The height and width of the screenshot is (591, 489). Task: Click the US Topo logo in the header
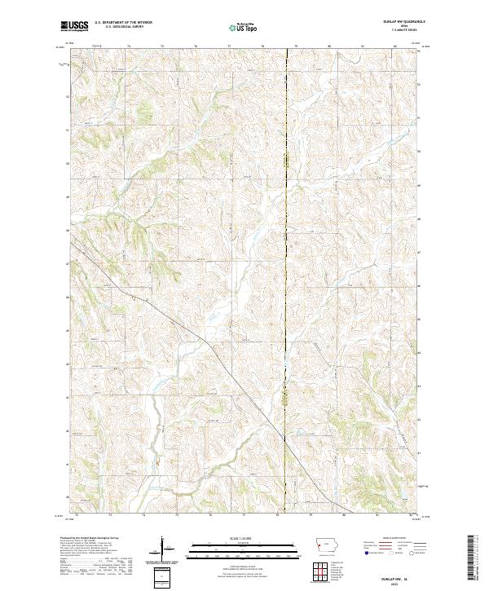click(x=242, y=28)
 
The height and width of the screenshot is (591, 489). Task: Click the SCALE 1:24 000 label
click(x=242, y=539)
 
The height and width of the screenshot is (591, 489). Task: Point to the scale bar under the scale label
click(x=242, y=548)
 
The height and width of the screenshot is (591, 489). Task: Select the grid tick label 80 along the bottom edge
click(x=343, y=515)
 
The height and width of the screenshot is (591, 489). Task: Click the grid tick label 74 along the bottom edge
click(x=143, y=515)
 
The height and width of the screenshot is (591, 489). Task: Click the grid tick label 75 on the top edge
click(x=163, y=47)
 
